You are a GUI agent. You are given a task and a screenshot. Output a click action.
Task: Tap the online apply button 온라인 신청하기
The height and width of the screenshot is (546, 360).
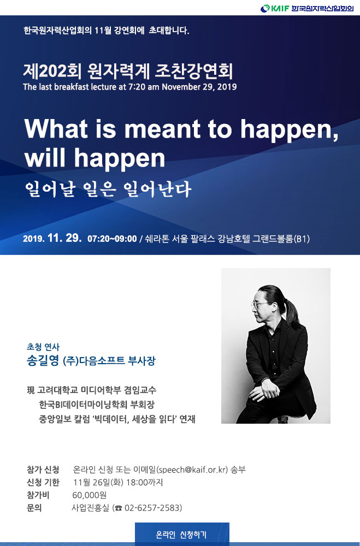[x=182, y=534]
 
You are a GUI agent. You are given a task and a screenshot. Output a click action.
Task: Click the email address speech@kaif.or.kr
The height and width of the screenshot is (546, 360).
[x=192, y=470]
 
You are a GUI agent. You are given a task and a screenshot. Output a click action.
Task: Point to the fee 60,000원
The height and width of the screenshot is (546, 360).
[x=89, y=495]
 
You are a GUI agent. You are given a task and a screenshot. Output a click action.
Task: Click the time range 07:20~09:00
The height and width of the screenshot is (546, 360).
[x=112, y=239]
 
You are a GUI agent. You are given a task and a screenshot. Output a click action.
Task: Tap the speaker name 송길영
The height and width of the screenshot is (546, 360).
[x=43, y=360]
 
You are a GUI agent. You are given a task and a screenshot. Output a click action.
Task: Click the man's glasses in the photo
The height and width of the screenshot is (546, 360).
[x=259, y=305]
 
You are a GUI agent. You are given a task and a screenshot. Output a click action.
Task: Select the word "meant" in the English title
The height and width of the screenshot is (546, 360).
[x=163, y=128]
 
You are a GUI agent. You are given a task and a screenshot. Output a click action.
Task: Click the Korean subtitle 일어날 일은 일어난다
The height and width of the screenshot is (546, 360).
[x=108, y=189]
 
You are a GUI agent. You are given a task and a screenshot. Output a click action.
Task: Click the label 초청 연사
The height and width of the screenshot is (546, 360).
[x=43, y=347]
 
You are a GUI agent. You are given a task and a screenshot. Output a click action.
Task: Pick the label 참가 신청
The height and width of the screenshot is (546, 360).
[x=43, y=470]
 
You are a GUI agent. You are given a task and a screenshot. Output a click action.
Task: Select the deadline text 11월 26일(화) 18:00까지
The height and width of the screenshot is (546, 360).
[x=118, y=482]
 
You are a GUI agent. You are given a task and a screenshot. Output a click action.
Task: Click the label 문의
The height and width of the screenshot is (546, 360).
[x=34, y=508]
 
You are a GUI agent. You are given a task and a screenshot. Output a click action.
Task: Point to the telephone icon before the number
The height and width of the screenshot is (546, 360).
[x=119, y=508]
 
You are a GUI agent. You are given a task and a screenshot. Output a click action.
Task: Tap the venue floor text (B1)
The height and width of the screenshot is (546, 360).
[x=302, y=239]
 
